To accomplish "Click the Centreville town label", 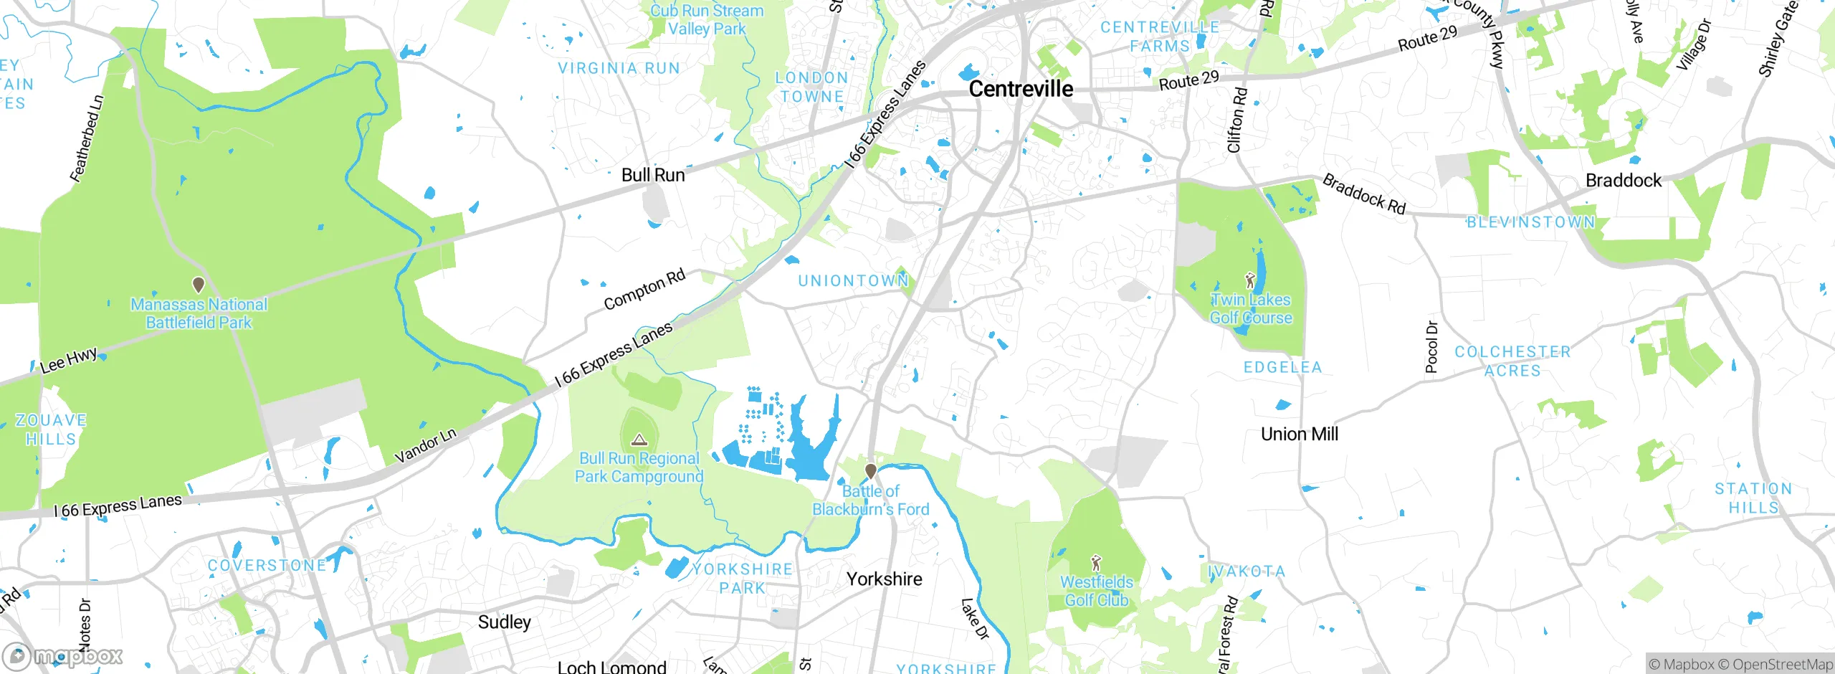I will pos(1021,89).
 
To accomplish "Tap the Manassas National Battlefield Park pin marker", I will pos(199,285).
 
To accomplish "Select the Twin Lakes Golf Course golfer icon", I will pos(1251,280).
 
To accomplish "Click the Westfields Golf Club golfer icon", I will pos(1096,563).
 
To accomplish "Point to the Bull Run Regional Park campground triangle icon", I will pos(639,440).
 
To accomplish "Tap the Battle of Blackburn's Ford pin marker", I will pos(870,471).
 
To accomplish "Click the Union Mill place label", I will pos(1299,434).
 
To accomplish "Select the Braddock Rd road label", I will pos(1364,194).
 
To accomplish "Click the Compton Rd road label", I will pos(644,290).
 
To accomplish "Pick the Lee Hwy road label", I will pos(69,361).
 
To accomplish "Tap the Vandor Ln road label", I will pos(425,446).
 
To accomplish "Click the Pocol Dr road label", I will pos(1431,347).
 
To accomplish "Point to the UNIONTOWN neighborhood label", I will pos(853,280).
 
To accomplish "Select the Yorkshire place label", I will pos(884,579).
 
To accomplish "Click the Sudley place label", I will pos(504,622).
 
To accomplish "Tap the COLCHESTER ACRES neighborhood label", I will pos(1512,361).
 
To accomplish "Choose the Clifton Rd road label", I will pos(1237,120).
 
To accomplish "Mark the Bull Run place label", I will pos(653,175).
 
